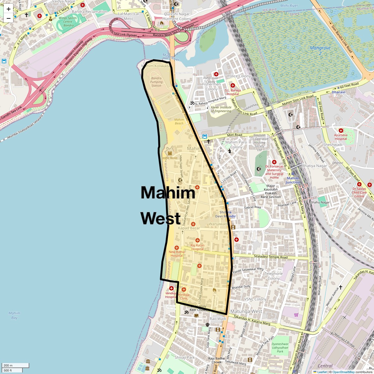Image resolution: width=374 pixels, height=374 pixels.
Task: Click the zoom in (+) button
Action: (8, 9)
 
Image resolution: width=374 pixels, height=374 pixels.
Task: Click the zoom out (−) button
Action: (8, 18)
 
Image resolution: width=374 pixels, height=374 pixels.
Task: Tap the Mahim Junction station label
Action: (293, 180)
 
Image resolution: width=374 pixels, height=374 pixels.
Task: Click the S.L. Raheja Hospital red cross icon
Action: (233, 85)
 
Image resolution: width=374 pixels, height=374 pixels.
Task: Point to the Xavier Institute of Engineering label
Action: (221, 109)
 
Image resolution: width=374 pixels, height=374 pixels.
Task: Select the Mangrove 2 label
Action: (320, 50)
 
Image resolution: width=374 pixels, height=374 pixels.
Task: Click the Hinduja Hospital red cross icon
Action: (171, 288)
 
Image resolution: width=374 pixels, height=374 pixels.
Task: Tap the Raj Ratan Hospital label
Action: (197, 247)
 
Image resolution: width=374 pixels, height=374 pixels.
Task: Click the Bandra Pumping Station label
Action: (156, 82)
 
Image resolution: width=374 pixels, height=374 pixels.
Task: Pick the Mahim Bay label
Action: (14, 315)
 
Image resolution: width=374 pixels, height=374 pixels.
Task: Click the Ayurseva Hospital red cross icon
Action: (341, 131)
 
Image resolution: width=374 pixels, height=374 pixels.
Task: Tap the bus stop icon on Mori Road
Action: (205, 137)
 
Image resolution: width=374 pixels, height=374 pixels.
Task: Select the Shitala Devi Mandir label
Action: (225, 214)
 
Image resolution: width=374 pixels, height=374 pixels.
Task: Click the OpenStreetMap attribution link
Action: (343, 372)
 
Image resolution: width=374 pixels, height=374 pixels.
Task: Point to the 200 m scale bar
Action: (15, 366)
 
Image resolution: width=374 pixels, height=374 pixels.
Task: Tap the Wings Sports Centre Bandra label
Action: (68, 22)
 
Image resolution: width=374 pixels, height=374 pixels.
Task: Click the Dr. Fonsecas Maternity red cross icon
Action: (274, 162)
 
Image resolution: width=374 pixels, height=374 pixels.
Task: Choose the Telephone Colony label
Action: (274, 276)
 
